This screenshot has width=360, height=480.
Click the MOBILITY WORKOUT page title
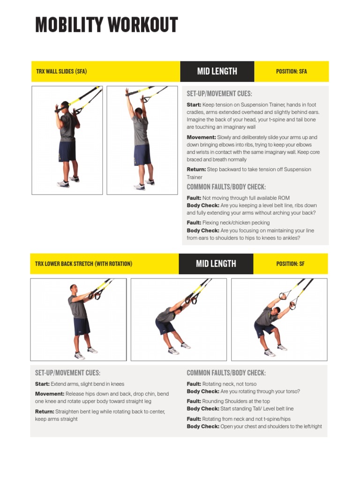point(106,25)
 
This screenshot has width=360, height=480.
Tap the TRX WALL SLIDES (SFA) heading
point(61,72)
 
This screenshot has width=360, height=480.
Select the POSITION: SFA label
point(291,72)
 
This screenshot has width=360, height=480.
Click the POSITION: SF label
point(290,264)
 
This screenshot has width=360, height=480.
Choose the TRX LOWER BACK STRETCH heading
point(83,264)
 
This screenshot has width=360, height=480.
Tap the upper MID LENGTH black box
point(217,71)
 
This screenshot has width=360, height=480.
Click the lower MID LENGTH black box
point(216,264)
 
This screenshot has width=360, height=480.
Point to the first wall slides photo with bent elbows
point(67,140)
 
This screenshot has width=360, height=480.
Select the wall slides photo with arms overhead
point(142,140)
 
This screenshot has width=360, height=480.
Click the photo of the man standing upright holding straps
point(78,319)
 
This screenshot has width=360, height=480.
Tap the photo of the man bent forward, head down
point(178,319)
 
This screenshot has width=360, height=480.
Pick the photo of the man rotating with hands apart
point(279,319)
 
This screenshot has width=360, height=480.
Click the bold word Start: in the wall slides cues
point(194,105)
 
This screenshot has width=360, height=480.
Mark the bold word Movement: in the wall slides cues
point(201,137)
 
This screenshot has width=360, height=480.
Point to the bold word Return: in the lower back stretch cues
point(45,412)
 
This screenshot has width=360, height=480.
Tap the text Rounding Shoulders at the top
point(236,401)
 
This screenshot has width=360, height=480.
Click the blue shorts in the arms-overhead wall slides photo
point(142,155)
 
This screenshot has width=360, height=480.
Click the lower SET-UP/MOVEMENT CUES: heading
point(67,373)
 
